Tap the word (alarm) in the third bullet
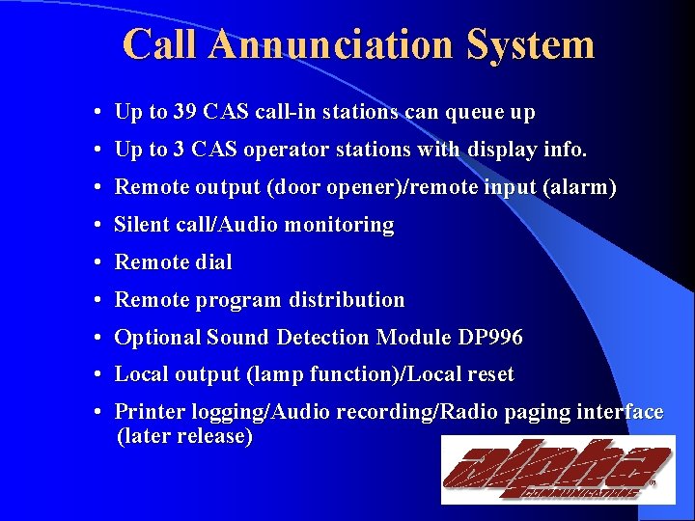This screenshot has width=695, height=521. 580,187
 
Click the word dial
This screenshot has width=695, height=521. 213,262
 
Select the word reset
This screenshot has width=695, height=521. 489,374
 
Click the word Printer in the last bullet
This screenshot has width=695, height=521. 146,412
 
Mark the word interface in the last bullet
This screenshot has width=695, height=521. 619,412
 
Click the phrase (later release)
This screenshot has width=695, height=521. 184,437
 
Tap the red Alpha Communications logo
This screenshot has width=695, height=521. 558,469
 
